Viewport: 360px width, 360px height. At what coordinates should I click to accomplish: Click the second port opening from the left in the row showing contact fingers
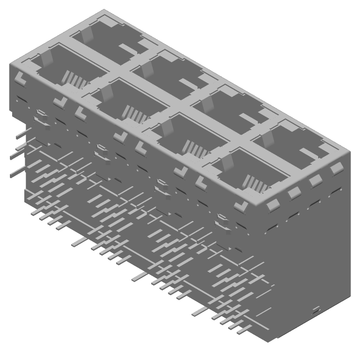click(128, 106)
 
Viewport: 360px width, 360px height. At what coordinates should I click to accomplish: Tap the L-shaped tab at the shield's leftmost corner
click(20, 77)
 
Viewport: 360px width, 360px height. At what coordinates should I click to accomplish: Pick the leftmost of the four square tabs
click(273, 206)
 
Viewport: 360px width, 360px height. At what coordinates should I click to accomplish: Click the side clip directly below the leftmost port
click(41, 115)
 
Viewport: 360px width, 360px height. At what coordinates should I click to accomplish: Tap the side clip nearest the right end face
click(223, 220)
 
